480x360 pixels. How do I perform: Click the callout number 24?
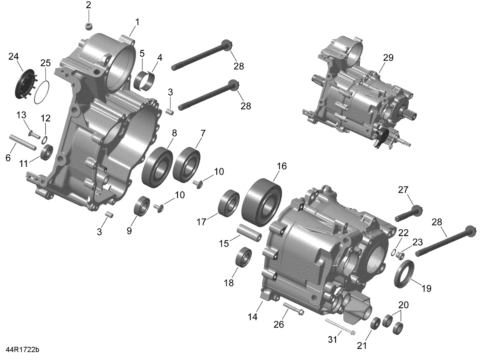coord(13,57)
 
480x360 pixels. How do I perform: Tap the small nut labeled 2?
coord(89,27)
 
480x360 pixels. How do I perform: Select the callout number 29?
coord(388,58)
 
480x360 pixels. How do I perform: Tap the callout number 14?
coord(252,317)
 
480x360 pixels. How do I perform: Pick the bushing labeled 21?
coord(375,323)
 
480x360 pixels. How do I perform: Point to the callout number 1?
coord(137,22)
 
